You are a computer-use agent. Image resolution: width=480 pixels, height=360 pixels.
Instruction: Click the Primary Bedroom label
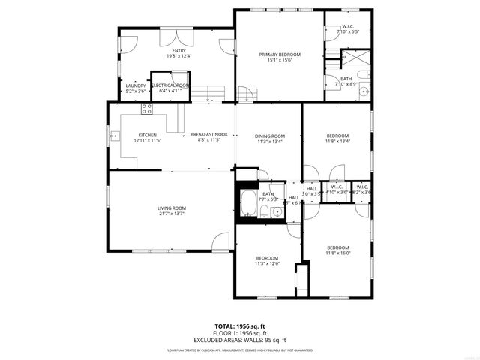coord(280,55)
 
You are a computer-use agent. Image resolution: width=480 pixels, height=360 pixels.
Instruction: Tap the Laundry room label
coord(136,85)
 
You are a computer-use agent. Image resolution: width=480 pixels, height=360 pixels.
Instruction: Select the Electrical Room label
coord(170,85)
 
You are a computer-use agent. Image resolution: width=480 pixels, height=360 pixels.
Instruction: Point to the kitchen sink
coord(115,136)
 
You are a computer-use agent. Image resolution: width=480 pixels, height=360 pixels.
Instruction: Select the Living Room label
coord(171,208)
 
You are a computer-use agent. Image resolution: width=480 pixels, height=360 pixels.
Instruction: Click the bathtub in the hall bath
coord(247,202)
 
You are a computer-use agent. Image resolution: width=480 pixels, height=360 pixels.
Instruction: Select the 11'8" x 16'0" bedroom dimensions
coord(337,253)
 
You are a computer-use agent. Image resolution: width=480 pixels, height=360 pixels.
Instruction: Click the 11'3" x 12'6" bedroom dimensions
coord(267,262)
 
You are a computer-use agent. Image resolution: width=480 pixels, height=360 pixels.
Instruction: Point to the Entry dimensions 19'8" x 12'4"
coord(178,55)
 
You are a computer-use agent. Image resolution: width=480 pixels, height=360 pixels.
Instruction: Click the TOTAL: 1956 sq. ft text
coord(239,326)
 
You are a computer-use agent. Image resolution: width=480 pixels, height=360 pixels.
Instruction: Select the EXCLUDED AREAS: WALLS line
coord(239,340)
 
